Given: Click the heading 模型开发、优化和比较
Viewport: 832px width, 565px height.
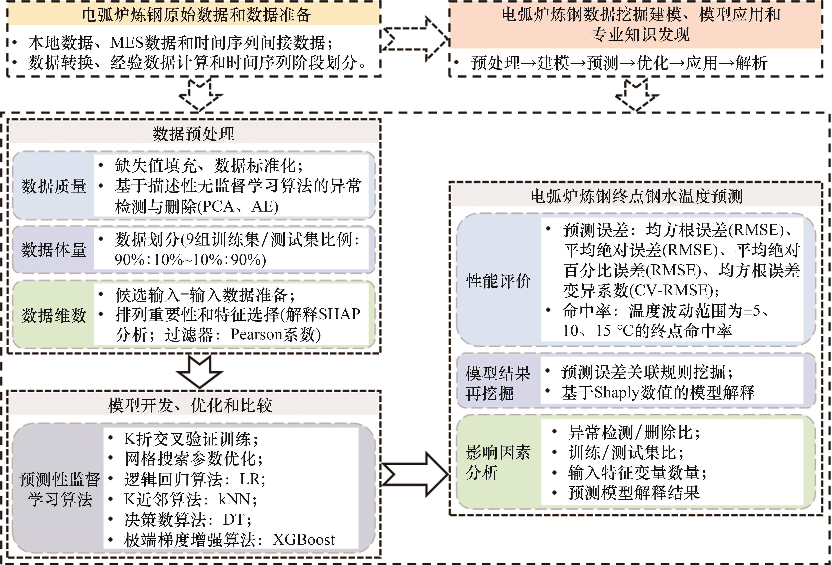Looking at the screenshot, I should coord(190,405).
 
